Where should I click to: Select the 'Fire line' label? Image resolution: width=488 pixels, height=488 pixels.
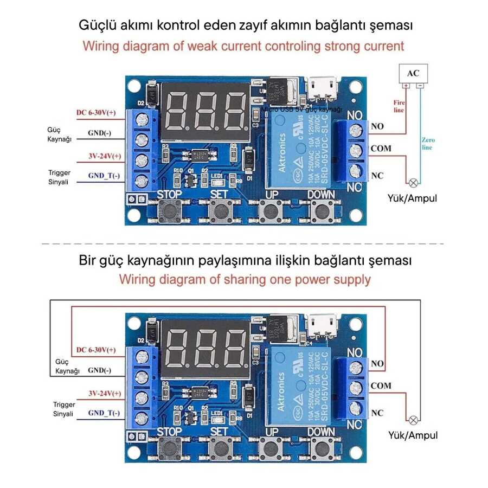tap(399, 106)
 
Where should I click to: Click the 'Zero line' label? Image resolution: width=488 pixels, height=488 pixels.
tap(428, 144)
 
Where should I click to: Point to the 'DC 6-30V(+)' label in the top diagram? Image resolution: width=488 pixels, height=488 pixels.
tap(96, 112)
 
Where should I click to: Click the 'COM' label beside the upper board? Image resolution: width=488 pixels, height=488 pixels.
tap(381, 148)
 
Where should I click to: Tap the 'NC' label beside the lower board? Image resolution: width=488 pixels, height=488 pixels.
tap(377, 413)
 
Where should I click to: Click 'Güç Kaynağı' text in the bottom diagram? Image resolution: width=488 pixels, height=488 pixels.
tap(68, 366)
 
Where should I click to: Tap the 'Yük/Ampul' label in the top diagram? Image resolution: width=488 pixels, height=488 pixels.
tap(413, 198)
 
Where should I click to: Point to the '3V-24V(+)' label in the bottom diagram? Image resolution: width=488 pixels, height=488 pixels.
tap(105, 393)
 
